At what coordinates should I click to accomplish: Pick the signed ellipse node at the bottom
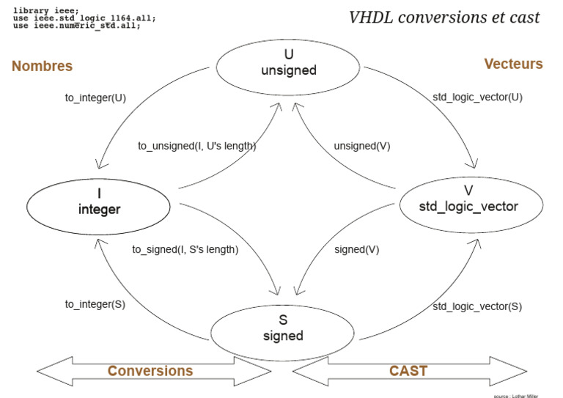click(283, 328)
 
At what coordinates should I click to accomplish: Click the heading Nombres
click(42, 66)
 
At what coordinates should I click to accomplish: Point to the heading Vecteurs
click(513, 64)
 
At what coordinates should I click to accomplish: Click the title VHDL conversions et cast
click(444, 18)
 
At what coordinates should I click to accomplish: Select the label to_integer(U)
click(95, 97)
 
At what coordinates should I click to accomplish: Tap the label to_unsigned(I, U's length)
click(196, 146)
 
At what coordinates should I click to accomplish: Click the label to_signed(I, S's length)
click(185, 249)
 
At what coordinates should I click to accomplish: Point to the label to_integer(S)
click(95, 304)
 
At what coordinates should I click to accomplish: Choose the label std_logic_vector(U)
click(477, 97)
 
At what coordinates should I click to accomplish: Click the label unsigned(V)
click(362, 146)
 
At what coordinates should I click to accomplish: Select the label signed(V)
click(356, 249)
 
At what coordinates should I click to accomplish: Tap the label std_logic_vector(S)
click(477, 306)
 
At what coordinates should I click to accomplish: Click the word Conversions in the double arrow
click(150, 371)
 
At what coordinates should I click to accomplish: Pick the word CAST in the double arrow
click(408, 371)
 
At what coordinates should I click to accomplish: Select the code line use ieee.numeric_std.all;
click(76, 25)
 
